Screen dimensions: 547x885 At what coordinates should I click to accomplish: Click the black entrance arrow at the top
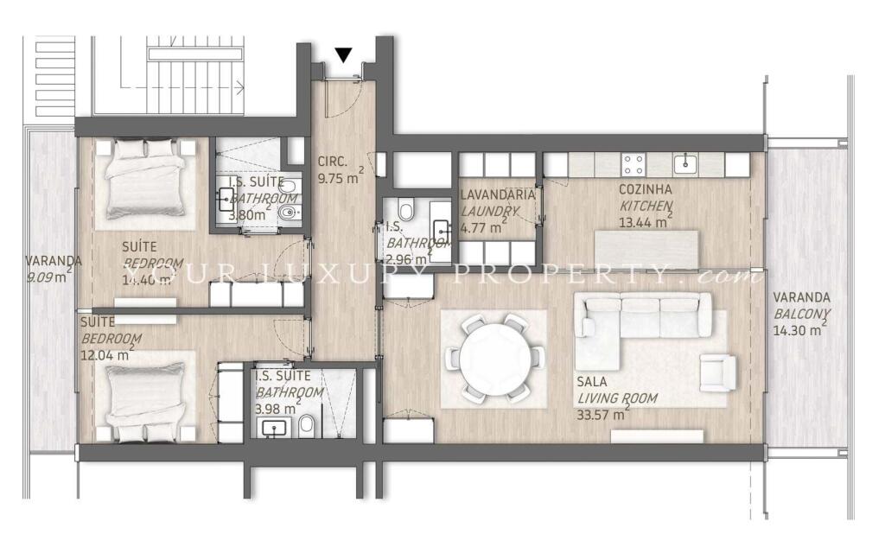pos(344,55)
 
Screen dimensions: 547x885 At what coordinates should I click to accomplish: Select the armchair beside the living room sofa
pos(717,372)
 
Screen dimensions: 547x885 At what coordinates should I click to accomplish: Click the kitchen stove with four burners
pos(634,163)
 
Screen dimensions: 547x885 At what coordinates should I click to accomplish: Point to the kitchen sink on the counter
pos(685,162)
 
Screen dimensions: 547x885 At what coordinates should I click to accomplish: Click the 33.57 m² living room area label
pos(600,414)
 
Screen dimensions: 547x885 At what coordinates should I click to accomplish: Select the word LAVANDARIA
pos(497,194)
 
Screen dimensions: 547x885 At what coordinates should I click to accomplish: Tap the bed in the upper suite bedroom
pos(144,179)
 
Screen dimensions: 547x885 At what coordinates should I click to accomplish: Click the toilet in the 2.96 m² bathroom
pos(406,210)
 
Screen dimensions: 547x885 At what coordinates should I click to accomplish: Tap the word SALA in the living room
pos(592,381)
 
